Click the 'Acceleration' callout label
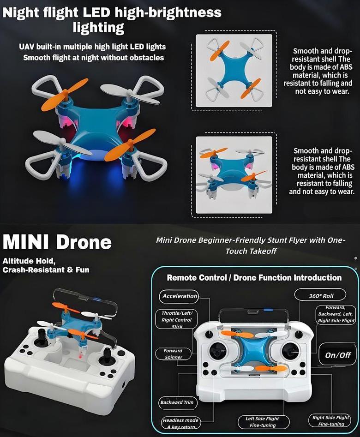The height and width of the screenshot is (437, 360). (x=179, y=296)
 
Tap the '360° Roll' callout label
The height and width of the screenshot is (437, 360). (x=320, y=295)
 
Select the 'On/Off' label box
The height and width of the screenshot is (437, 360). (x=337, y=355)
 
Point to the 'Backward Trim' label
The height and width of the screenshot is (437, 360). (x=177, y=402)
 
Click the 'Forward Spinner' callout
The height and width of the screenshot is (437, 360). (x=173, y=354)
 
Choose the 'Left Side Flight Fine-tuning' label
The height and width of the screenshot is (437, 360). (x=263, y=422)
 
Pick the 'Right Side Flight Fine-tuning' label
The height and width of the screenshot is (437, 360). (x=330, y=420)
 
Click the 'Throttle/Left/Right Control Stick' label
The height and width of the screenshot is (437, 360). (x=176, y=319)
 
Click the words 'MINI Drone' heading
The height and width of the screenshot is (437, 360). (x=57, y=242)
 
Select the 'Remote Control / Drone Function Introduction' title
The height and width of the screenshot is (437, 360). (x=254, y=278)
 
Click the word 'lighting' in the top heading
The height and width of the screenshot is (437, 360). (x=98, y=28)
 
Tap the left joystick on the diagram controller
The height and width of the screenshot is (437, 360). (x=218, y=350)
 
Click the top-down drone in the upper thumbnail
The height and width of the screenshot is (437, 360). (x=234, y=71)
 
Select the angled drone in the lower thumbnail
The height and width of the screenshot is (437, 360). (x=234, y=173)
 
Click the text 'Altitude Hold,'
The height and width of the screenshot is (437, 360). (x=29, y=261)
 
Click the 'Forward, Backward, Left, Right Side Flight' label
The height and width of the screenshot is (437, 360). (x=336, y=314)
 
